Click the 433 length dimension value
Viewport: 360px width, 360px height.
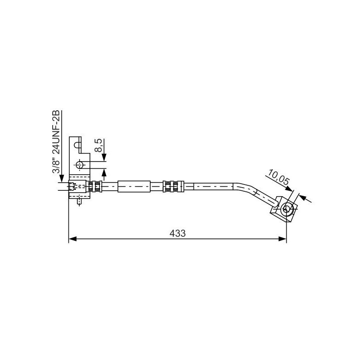click(178, 233)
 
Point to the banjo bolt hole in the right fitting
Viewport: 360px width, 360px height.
click(286, 209)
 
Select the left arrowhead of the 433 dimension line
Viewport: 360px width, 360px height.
click(72, 239)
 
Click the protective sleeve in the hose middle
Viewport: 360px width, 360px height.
click(134, 186)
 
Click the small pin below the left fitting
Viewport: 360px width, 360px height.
click(80, 201)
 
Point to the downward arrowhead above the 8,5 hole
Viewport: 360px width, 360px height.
click(104, 157)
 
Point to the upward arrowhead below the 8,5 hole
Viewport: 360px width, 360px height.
click(104, 171)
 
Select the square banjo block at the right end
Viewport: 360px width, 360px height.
click(283, 209)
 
